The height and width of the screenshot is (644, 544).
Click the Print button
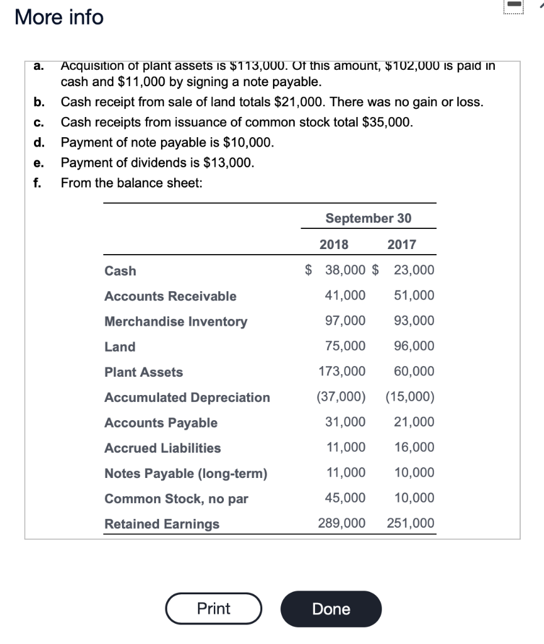[214, 608]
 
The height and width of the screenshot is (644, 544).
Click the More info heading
[59, 17]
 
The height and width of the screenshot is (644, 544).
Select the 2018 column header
[333, 245]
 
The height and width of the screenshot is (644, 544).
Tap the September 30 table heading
[368, 218]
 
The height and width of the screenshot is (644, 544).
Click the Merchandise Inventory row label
[175, 321]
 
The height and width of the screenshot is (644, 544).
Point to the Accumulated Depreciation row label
[187, 397]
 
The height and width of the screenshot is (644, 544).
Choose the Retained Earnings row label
[162, 524]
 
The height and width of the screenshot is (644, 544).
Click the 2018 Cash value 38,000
[345, 270]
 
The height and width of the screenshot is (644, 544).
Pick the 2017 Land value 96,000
[414, 346]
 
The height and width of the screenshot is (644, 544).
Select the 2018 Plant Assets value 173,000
[342, 372]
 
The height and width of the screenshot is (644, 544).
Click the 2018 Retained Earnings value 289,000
[342, 523]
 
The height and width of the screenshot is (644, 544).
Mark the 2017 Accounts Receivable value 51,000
[414, 296]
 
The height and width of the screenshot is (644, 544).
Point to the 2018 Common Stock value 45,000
[345, 498]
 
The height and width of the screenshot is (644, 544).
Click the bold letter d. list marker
[39, 143]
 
